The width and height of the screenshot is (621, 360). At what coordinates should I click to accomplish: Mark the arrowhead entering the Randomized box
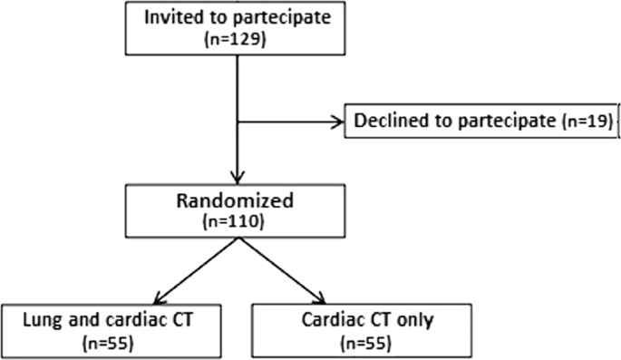236,176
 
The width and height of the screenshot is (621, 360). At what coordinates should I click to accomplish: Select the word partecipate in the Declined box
507,121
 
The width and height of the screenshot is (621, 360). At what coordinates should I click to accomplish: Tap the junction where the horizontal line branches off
236,120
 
